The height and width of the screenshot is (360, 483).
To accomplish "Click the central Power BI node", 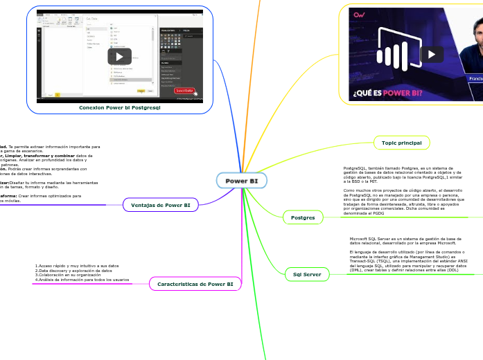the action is [241, 181].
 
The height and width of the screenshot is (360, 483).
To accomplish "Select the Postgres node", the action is [303, 217].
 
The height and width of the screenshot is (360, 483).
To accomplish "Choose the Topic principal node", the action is [402, 143].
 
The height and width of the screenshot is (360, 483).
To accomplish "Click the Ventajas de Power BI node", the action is [161, 205].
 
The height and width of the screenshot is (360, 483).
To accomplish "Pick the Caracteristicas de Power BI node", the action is [195, 284].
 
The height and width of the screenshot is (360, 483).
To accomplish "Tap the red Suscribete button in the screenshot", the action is [184, 90].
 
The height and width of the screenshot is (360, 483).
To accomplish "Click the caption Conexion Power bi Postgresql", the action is [120, 108].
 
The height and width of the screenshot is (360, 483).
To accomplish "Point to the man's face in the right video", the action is [473, 38].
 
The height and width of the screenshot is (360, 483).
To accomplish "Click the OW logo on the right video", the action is [359, 15].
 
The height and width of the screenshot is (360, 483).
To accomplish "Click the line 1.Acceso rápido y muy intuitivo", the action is [77, 266].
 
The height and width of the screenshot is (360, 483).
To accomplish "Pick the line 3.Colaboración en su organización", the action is [73, 275].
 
